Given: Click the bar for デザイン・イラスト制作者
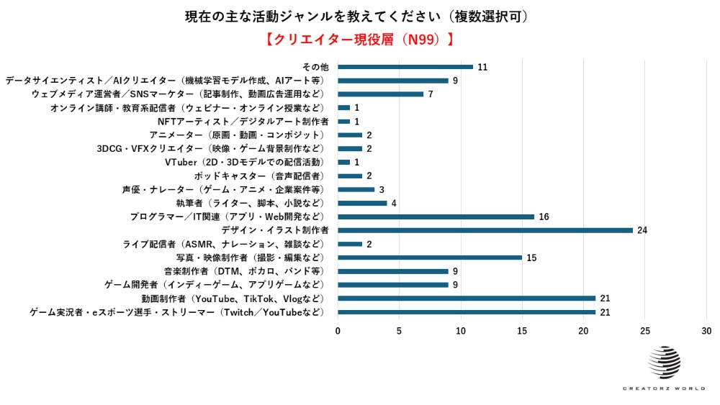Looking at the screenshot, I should (x=485, y=230).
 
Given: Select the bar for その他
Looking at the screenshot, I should (x=405, y=67).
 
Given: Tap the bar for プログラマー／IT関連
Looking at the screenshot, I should (x=436, y=217).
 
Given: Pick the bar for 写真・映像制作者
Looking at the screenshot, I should (x=430, y=258).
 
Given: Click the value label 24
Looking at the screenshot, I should (x=642, y=230).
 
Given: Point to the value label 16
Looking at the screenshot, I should (x=544, y=217).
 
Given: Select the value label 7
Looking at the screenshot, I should (x=430, y=94).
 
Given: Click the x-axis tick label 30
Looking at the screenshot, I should (x=706, y=331).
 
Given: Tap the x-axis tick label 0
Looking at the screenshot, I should (x=338, y=331).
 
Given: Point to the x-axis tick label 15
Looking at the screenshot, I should (x=522, y=331).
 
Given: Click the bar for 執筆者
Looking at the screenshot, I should (x=362, y=203).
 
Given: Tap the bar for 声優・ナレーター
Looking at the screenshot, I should (x=356, y=189).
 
